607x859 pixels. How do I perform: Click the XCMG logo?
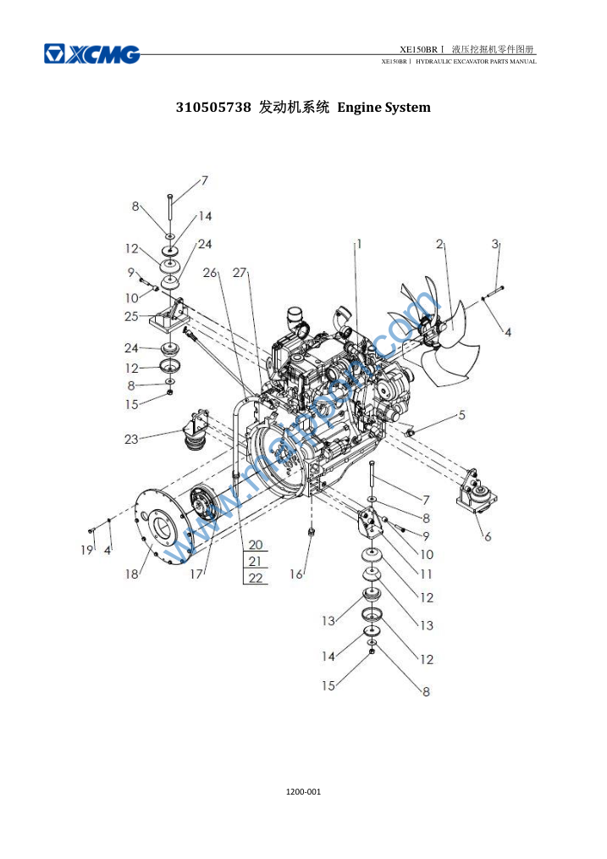coord(92,54)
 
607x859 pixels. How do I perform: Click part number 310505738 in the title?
coord(212,108)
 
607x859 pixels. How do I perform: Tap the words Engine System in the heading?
coord(384,108)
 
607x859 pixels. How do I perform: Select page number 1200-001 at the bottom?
coord(303,791)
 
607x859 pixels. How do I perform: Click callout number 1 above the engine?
coord(359,244)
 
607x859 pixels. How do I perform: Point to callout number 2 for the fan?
coord(439,244)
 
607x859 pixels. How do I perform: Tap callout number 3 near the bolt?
coord(494,244)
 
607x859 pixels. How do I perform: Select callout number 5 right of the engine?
coord(462,415)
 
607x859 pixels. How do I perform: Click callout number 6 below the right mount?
coord(488,536)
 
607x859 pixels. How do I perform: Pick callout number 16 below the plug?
coord(296,574)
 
